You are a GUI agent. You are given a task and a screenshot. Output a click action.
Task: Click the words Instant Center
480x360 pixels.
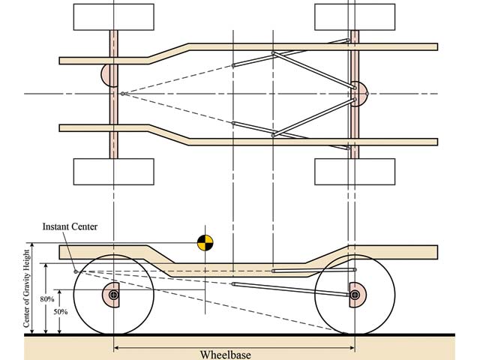coord(70,226)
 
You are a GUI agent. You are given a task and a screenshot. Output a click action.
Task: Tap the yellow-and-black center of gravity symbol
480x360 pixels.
coord(205,242)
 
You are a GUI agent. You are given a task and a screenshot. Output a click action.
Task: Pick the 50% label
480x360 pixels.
coord(61,310)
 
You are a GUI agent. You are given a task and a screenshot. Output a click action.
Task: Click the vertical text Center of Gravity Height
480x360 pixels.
coord(29,288)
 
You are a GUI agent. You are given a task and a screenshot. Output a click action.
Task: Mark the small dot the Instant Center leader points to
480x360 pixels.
coord(76,271)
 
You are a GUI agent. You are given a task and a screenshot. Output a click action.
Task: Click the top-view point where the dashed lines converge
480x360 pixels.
coord(122,94)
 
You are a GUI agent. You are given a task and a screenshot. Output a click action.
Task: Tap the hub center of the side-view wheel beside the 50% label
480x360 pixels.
coord(113,295)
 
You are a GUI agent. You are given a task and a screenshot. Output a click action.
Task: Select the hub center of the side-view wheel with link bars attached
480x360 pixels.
coord(355,295)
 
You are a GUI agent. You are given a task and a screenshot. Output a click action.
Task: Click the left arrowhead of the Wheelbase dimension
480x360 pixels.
coord(117,347)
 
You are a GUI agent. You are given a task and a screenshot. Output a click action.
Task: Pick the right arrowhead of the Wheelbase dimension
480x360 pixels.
coord(352,347)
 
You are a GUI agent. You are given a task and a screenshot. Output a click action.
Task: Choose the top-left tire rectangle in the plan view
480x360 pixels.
coord(113,16)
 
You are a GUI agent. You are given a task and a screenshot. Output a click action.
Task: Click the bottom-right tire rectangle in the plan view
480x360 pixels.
coord(354,172)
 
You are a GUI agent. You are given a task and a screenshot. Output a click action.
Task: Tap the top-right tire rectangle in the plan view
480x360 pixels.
coord(354,16)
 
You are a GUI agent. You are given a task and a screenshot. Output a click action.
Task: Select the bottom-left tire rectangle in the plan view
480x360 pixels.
coord(113,172)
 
